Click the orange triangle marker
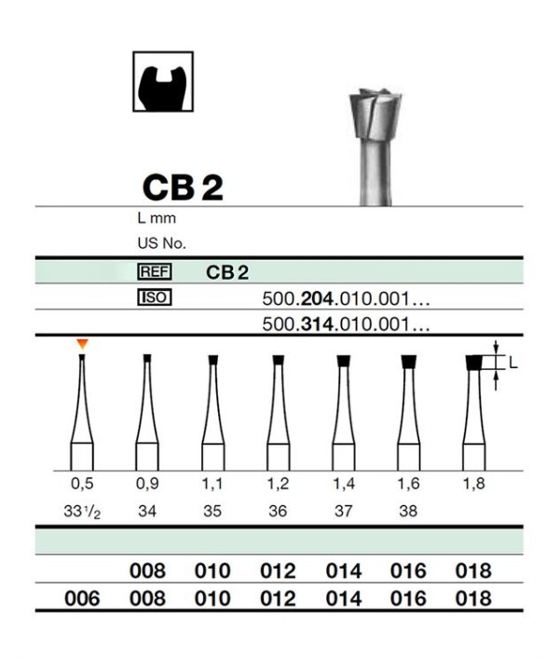click(x=82, y=344)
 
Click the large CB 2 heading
click(x=183, y=187)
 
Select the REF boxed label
click(x=155, y=272)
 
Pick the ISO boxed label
click(x=155, y=297)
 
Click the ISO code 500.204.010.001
click(x=346, y=299)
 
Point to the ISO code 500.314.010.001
click(x=346, y=324)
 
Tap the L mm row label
click(x=157, y=218)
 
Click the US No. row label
click(x=162, y=243)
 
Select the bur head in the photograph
click(x=375, y=114)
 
